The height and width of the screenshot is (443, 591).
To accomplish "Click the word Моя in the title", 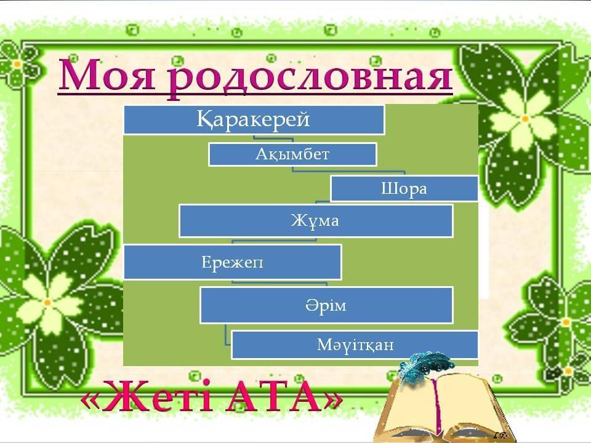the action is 107,75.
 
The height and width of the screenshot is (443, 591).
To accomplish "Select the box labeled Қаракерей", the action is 254,120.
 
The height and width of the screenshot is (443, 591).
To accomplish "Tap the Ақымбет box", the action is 292,154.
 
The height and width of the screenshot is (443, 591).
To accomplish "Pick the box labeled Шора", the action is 404,188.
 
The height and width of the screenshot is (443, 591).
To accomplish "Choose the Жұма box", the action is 316,221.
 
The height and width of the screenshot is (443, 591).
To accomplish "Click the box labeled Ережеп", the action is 233,262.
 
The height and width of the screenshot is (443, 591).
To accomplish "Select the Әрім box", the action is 326,305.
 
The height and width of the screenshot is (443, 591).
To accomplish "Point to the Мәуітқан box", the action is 355,345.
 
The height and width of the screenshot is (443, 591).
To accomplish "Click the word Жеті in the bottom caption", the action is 158,396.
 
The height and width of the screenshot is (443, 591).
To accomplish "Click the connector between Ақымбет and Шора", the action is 349,172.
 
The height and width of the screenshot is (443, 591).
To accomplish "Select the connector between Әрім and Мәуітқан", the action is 227,334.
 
